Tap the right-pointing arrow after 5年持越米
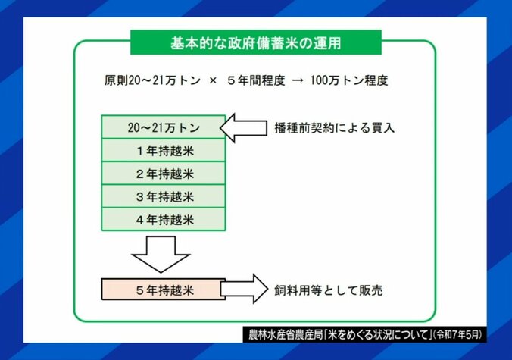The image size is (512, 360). [243, 290]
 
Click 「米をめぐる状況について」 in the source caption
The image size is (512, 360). [376, 334]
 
